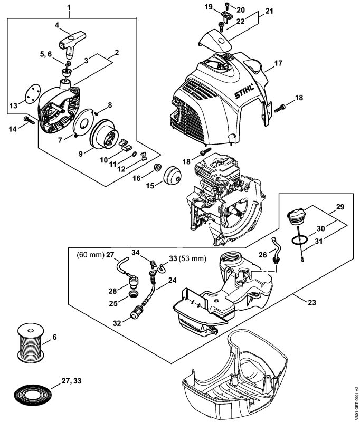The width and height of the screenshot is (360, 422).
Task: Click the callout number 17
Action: coord(279,64)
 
